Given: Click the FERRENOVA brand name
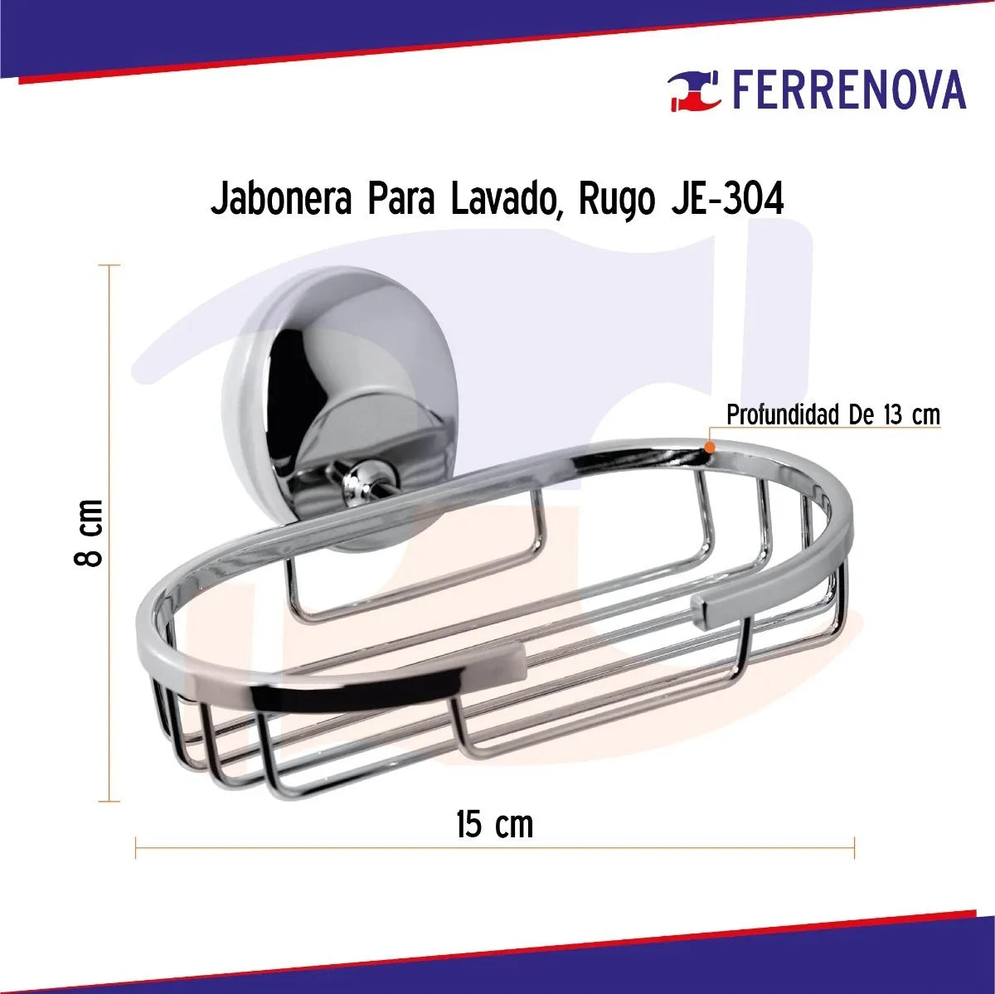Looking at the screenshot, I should pos(848,90).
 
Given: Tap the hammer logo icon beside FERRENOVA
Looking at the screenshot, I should pos(695,90).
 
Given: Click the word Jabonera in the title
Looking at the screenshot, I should pos(281,200).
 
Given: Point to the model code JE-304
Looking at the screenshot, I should pos(726,200).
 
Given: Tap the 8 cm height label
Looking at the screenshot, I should pos(89,532).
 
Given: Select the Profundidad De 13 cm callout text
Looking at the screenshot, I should pos(832,415).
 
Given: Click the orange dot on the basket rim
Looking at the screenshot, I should pos(710,447).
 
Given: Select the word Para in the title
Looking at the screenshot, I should pos(400,200).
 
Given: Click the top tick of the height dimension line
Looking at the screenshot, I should pos(109,265).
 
